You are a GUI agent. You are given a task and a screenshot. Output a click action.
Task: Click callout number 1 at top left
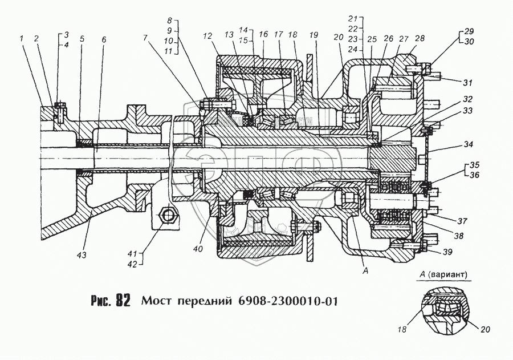pyautogui.click(x=22, y=39)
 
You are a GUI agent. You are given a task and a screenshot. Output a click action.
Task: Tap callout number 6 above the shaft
pyautogui.click(x=104, y=39)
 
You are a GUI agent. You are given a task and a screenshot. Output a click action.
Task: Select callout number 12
pyautogui.click(x=207, y=36)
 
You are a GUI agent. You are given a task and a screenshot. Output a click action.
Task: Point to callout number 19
pyautogui.click(x=313, y=34)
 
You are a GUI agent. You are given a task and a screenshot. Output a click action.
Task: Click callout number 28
pyautogui.click(x=420, y=38)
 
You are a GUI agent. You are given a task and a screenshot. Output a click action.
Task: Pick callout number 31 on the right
pyautogui.click(x=468, y=83)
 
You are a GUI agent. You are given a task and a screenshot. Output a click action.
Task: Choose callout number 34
pyautogui.click(x=469, y=144)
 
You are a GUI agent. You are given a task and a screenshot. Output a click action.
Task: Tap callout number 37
pyautogui.click(x=462, y=222)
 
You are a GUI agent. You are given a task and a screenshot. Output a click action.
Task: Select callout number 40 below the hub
pyautogui.click(x=198, y=249)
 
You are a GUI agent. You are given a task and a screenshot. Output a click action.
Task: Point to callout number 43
pyautogui.click(x=82, y=254)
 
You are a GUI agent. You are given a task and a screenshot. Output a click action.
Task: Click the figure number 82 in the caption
pyautogui.click(x=122, y=301)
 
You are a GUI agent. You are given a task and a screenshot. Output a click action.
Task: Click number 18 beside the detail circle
pyautogui.click(x=402, y=329)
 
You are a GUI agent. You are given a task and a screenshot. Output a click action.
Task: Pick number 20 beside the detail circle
pyautogui.click(x=485, y=329)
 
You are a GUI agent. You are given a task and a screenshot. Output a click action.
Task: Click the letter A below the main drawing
pyautogui.click(x=366, y=270)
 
